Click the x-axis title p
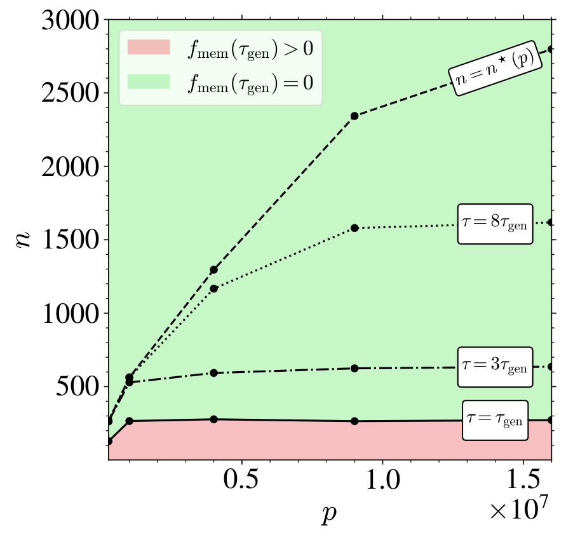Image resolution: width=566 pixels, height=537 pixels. coord(328,513)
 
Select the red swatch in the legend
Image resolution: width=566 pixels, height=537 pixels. coord(149,48)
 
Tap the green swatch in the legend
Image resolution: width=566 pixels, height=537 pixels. coord(149,81)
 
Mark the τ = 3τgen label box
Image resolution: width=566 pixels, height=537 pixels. coord(495,367)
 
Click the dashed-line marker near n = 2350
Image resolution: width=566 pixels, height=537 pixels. coord(355,116)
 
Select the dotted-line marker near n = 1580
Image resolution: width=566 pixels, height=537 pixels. coord(355,228)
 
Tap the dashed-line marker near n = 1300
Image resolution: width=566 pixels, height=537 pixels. coord(214,269)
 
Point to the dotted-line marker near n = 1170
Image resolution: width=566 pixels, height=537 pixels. coord(214,289)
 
